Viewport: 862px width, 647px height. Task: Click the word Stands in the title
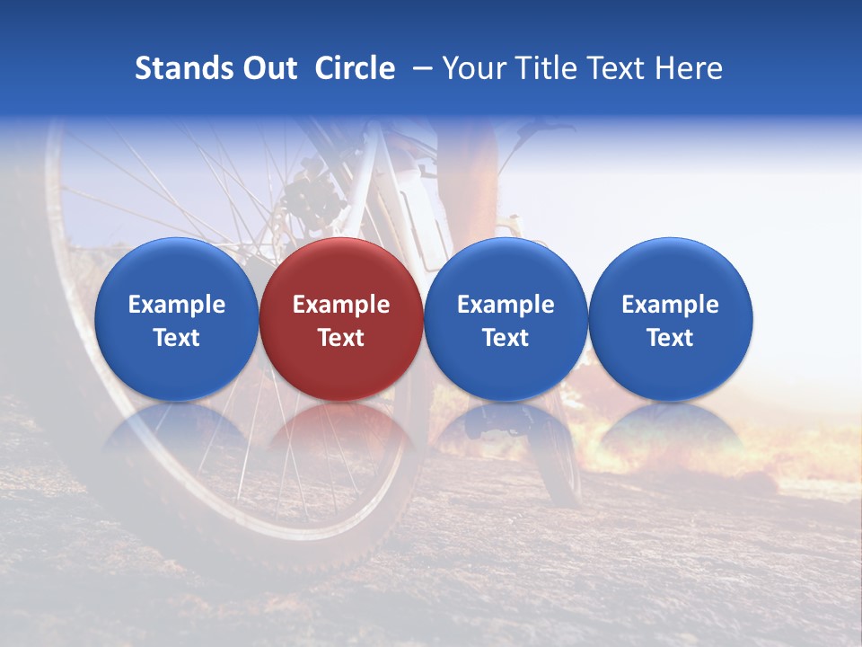click(176, 68)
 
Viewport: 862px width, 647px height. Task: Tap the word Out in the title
click(267, 68)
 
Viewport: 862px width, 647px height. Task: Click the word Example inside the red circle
click(341, 305)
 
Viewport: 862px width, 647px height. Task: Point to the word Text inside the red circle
click(341, 338)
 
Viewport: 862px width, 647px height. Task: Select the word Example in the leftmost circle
click(176, 305)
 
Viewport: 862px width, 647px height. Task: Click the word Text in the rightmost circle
click(670, 338)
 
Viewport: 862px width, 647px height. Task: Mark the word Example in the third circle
click(506, 305)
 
